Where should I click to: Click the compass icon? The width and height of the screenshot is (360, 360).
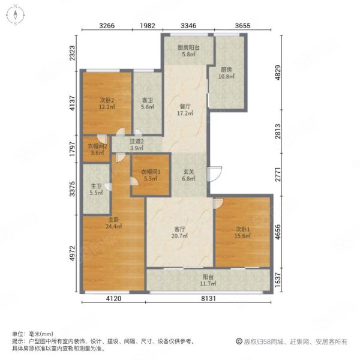16,15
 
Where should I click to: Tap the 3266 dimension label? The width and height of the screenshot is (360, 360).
107,25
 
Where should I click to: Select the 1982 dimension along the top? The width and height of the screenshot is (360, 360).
148,25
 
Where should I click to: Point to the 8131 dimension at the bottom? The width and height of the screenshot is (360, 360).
208,298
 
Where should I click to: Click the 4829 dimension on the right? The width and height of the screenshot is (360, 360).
278,73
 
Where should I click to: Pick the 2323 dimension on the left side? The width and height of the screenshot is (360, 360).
72,53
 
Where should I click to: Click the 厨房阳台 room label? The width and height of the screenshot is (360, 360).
188,47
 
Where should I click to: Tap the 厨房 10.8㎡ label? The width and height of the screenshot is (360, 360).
226,73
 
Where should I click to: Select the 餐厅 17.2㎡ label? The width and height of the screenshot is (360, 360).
185,110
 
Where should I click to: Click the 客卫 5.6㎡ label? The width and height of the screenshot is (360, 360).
148,104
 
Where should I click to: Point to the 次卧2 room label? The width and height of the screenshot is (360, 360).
107,100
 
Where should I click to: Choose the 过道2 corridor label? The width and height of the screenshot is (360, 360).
137,142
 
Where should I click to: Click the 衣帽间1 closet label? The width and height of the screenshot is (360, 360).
151,172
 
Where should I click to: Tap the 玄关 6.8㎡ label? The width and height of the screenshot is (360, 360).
189,175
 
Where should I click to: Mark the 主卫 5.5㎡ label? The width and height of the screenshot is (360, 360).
96,190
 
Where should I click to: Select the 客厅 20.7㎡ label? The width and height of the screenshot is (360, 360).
179,232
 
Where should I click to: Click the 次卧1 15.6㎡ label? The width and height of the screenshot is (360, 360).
242,232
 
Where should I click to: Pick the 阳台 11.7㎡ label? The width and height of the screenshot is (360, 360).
208,280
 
